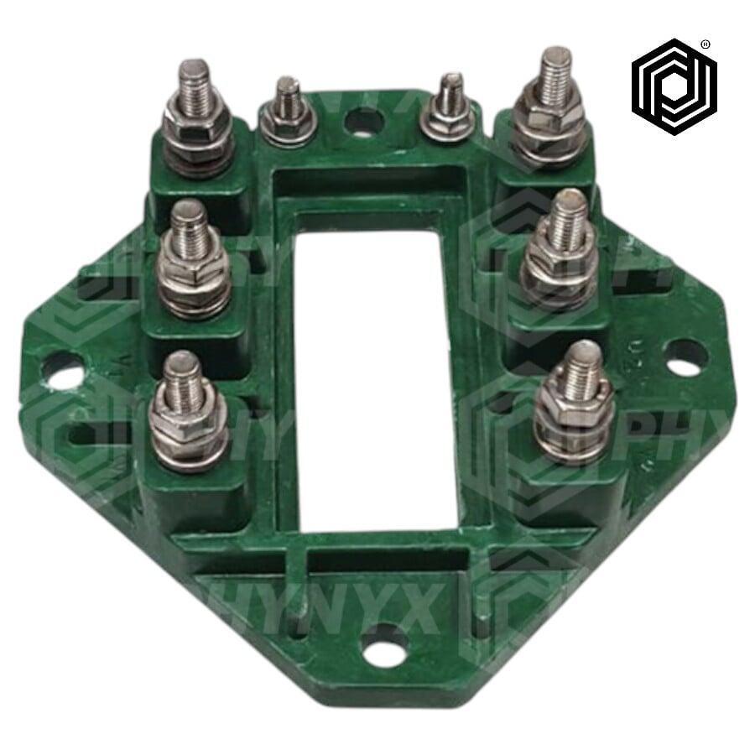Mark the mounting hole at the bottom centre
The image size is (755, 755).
click(385, 646)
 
